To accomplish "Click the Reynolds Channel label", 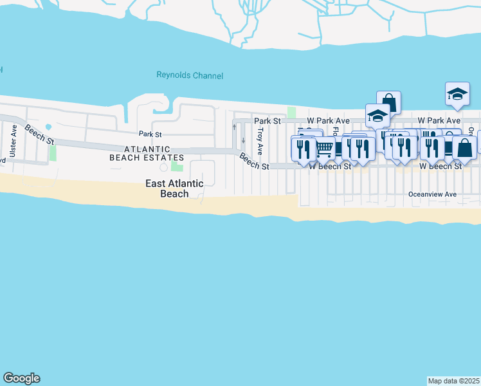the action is (190, 75).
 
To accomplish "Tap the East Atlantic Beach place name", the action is (174, 188).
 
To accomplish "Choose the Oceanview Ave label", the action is (432, 194).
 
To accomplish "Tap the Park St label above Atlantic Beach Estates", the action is (150, 134).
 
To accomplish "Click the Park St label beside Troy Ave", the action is (268, 120).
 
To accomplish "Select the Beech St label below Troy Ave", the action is (254, 161).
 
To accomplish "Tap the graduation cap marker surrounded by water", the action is (457, 94).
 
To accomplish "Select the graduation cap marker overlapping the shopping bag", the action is (377, 116).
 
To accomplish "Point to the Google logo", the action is (21, 378).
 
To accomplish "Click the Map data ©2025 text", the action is (454, 380).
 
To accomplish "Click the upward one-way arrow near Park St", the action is (234, 126).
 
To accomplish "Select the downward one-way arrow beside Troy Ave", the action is (243, 140).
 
